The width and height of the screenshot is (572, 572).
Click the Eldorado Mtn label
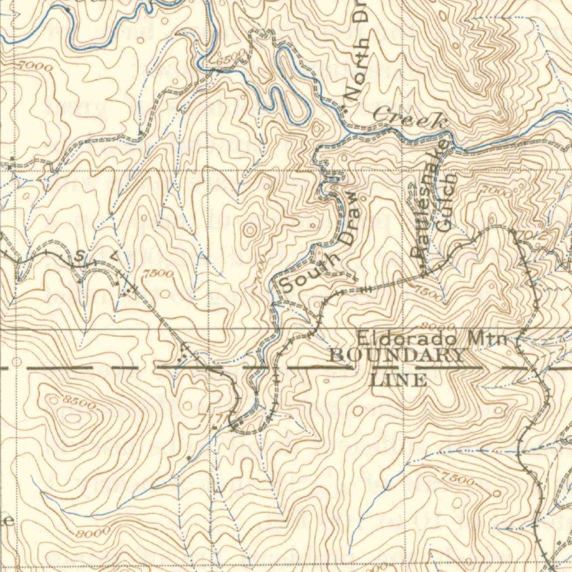click(432, 339)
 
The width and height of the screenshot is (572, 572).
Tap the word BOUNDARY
click(397, 355)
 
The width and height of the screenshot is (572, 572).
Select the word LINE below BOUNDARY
click(399, 380)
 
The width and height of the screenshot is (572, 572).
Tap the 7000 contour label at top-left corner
click(37, 66)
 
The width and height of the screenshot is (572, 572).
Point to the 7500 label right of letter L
click(158, 273)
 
